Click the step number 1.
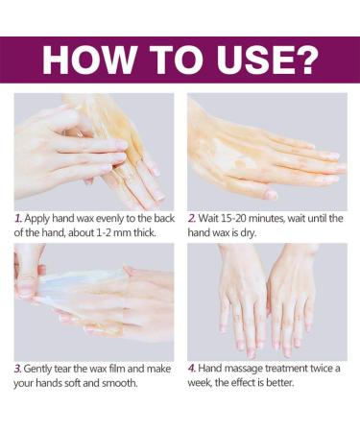18,219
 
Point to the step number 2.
192,219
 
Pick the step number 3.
18,369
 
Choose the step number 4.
192,369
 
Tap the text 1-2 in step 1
105,232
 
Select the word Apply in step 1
37,219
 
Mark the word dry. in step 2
249,233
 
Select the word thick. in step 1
145,232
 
